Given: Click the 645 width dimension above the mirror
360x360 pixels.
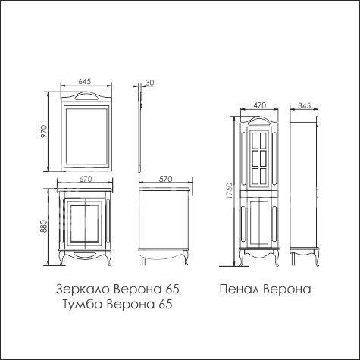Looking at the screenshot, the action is pyautogui.click(x=85, y=81).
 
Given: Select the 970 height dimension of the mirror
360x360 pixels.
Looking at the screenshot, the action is pyautogui.click(x=44, y=131).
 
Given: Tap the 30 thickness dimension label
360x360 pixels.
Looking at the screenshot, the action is pyautogui.click(x=149, y=83).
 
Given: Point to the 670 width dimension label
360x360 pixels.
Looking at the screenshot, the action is pyautogui.click(x=85, y=179).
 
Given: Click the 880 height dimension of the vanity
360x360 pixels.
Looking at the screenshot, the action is pyautogui.click(x=43, y=227).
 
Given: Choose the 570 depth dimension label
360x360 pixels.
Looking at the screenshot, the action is pyautogui.click(x=165, y=179).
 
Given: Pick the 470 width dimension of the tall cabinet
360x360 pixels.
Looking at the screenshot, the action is pyautogui.click(x=260, y=105).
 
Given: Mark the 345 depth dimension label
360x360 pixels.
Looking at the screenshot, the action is pyautogui.click(x=304, y=105).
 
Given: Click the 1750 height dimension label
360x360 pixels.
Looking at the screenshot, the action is pyautogui.click(x=230, y=190).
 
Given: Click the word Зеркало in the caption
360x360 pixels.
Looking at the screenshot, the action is pyautogui.click(x=83, y=290).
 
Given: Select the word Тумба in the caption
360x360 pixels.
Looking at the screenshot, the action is pyautogui.click(x=82, y=304).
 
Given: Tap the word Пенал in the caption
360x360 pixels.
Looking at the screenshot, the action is pyautogui.click(x=239, y=289).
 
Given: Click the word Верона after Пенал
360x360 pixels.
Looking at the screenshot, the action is pyautogui.click(x=287, y=289).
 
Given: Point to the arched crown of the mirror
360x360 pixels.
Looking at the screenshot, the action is pyautogui.click(x=86, y=97).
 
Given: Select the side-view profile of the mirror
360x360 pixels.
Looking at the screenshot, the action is pyautogui.click(x=139, y=129).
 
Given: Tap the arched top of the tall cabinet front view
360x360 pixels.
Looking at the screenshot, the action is pyautogui.click(x=259, y=122).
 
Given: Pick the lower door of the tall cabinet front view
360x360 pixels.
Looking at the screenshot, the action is pyautogui.click(x=259, y=223).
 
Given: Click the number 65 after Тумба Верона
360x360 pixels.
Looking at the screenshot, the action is pyautogui.click(x=166, y=304).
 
